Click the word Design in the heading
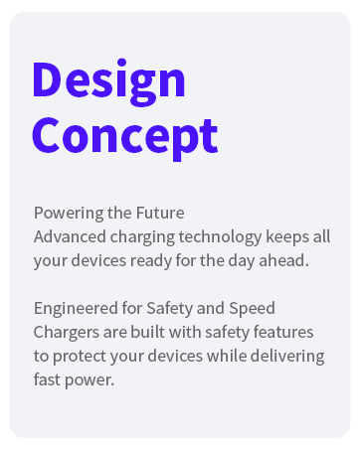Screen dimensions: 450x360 (108, 80)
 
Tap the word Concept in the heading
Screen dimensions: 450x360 (124, 134)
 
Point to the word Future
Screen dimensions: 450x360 (160, 214)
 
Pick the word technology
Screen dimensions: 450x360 (219, 236)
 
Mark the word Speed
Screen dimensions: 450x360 (249, 308)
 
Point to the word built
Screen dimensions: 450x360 (149, 332)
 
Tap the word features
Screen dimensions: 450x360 (284, 332)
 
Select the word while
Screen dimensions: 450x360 (225, 356)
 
